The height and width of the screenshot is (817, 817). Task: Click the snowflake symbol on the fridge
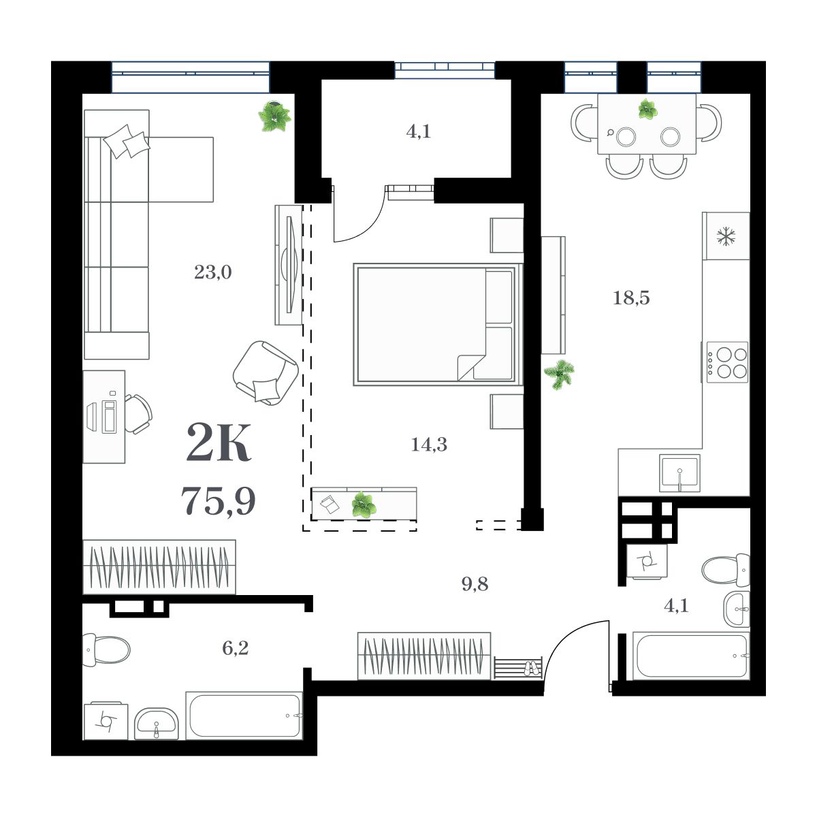point(726,236)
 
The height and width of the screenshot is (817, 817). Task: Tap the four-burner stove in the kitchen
point(727,362)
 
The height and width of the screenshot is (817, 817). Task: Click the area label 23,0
point(212,273)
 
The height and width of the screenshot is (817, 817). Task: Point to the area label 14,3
point(429,445)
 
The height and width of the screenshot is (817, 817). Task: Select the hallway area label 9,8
point(475,584)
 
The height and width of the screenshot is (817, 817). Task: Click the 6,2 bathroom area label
point(235,648)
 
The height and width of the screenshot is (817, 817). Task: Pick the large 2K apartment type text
point(219,443)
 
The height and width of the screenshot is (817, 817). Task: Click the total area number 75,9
point(219,502)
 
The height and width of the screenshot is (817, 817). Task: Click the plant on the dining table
point(647,109)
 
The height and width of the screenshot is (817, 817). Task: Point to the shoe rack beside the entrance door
point(518,667)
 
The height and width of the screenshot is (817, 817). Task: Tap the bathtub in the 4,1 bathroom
point(690,656)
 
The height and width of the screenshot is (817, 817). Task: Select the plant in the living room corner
point(275,117)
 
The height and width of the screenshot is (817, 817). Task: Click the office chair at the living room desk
point(140,413)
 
